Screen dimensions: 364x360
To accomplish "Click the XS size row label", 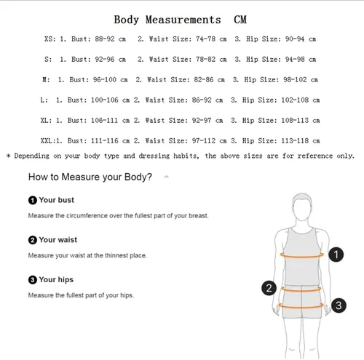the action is [50, 39].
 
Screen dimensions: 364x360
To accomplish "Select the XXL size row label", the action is [48, 140].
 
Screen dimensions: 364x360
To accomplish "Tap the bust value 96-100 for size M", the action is [105, 79].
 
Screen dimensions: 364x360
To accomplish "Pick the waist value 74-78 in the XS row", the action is [205, 39].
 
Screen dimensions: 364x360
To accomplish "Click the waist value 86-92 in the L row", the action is [202, 100].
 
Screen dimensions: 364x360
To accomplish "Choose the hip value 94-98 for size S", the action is [295, 59].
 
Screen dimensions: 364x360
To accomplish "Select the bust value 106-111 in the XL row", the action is [104, 120].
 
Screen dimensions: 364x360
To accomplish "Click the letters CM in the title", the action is [240, 20].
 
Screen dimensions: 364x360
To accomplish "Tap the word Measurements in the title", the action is [183, 20].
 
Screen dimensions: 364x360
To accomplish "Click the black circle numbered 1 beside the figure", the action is [336, 255].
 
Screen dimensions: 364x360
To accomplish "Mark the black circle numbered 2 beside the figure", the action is [269, 288].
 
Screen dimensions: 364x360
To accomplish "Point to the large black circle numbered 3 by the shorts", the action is [339, 305].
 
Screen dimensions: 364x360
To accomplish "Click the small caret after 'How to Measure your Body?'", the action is [167, 177].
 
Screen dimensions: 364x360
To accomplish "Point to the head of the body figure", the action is [302, 207].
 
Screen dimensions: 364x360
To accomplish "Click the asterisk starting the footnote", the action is [9, 156].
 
